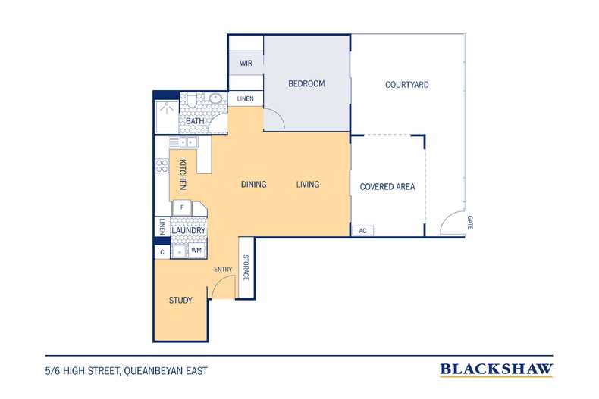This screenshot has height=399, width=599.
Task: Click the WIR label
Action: (246, 63)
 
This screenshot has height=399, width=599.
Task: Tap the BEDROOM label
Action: (306, 83)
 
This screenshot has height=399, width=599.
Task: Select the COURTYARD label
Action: (407, 85)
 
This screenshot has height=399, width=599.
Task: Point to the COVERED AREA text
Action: (387, 186)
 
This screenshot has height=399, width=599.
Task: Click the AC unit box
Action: (362, 231)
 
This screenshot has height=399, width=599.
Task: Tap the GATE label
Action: (470, 223)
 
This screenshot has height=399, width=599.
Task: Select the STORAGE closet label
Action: (246, 267)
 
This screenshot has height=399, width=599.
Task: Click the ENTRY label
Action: (223, 270)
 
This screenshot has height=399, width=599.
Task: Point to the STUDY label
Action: (180, 301)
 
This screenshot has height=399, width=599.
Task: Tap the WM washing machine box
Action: (196, 251)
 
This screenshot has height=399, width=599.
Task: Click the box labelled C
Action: (162, 252)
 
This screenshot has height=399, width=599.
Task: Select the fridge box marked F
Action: (182, 208)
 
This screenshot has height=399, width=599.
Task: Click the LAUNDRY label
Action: (188, 230)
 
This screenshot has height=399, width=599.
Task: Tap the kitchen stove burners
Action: (162, 166)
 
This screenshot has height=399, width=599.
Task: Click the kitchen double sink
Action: (183, 142)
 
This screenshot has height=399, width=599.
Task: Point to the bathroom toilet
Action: (191, 100)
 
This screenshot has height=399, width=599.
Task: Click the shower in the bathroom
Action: (167, 117)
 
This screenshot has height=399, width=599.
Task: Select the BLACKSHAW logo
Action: (496, 369)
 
